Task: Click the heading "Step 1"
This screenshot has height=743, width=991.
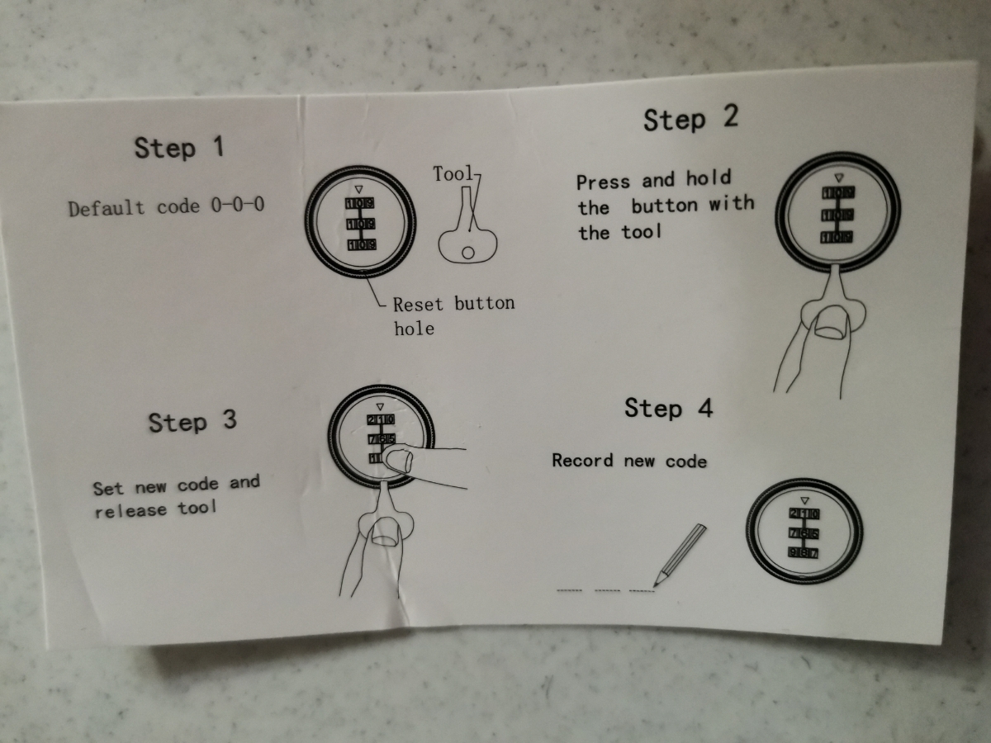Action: (179, 148)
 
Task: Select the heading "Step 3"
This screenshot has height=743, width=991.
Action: (192, 422)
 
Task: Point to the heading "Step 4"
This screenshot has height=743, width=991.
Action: (669, 409)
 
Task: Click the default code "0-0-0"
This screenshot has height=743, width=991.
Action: (238, 205)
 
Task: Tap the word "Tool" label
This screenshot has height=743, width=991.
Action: (453, 173)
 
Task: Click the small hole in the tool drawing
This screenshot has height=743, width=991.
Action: (468, 253)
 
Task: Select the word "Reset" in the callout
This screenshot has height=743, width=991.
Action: (418, 305)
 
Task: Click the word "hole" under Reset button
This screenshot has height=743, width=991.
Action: (414, 329)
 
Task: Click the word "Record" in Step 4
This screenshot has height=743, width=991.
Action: (583, 461)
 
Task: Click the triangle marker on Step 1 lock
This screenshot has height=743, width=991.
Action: (359, 189)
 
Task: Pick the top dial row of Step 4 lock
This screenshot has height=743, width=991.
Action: (804, 513)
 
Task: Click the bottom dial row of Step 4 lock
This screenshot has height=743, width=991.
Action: (804, 552)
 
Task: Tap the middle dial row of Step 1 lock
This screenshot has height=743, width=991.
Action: (360, 224)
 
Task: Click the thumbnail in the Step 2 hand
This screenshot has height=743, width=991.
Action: (830, 322)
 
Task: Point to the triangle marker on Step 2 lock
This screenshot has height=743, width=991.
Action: (838, 178)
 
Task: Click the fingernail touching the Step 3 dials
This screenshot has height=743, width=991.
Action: (400, 461)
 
